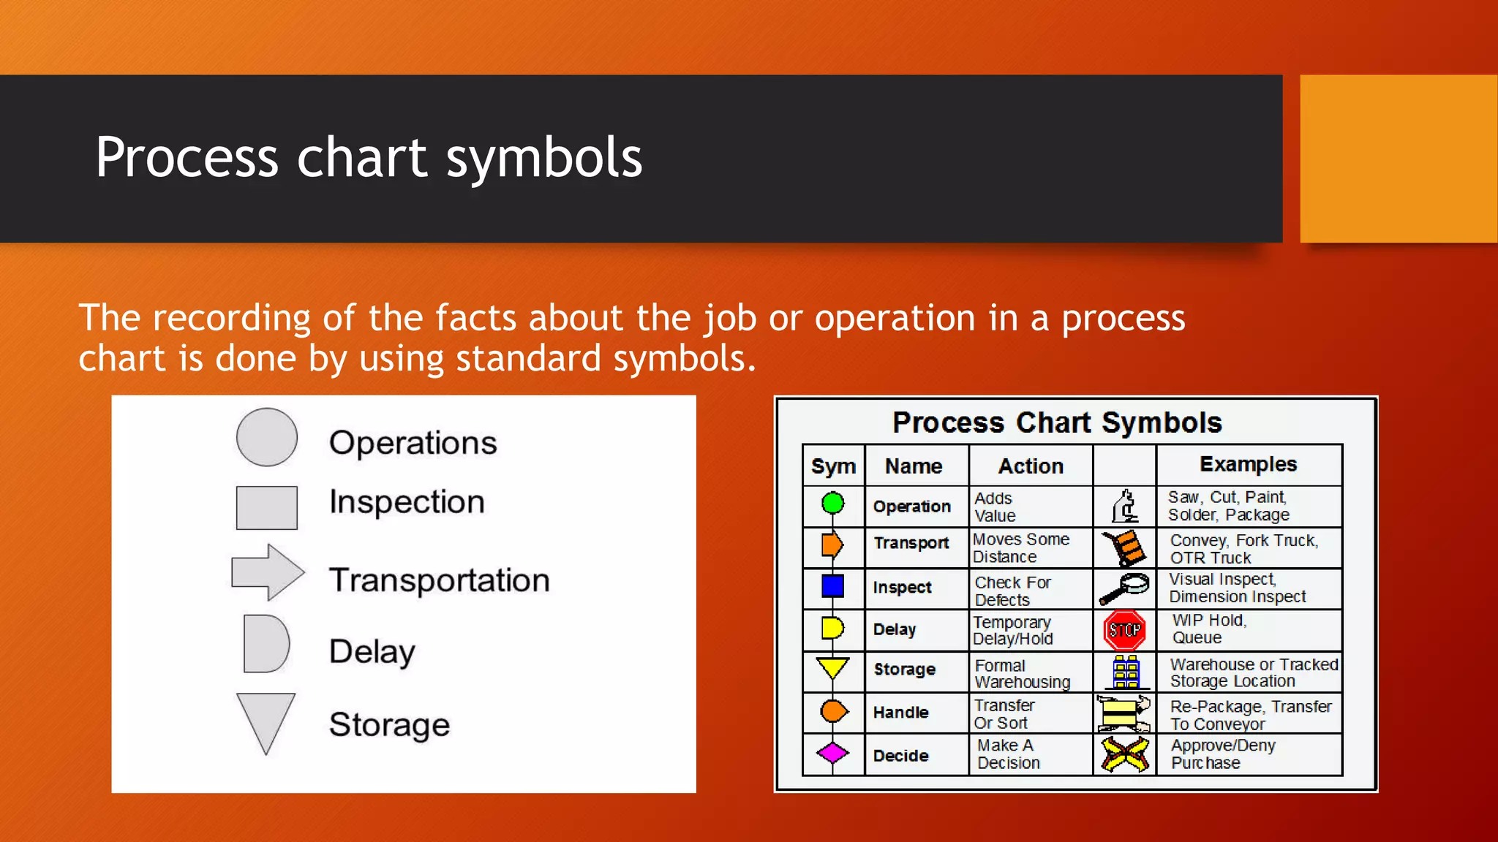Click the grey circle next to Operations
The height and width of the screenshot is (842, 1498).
pyautogui.click(x=267, y=437)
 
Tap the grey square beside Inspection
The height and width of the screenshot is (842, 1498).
pyautogui.click(x=267, y=507)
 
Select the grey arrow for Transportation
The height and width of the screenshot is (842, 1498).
pyautogui.click(x=267, y=572)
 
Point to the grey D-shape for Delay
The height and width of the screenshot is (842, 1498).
pyautogui.click(x=266, y=643)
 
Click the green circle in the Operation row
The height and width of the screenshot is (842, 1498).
pyautogui.click(x=832, y=503)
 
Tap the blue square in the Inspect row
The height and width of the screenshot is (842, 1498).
pyautogui.click(x=832, y=585)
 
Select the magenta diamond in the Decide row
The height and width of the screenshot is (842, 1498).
pyautogui.click(x=832, y=753)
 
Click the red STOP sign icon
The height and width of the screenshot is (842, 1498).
pyautogui.click(x=1124, y=630)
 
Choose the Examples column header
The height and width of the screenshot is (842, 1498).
pyautogui.click(x=1248, y=464)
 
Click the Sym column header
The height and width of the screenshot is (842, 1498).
pyautogui.click(x=833, y=466)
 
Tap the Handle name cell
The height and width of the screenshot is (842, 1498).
pyautogui.click(x=900, y=713)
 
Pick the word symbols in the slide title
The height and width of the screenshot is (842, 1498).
pyautogui.click(x=543, y=158)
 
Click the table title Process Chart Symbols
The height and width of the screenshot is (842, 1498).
pyautogui.click(x=1057, y=422)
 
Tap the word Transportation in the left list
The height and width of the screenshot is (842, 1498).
pyautogui.click(x=439, y=580)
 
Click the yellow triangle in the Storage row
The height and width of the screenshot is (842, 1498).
pyautogui.click(x=832, y=667)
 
